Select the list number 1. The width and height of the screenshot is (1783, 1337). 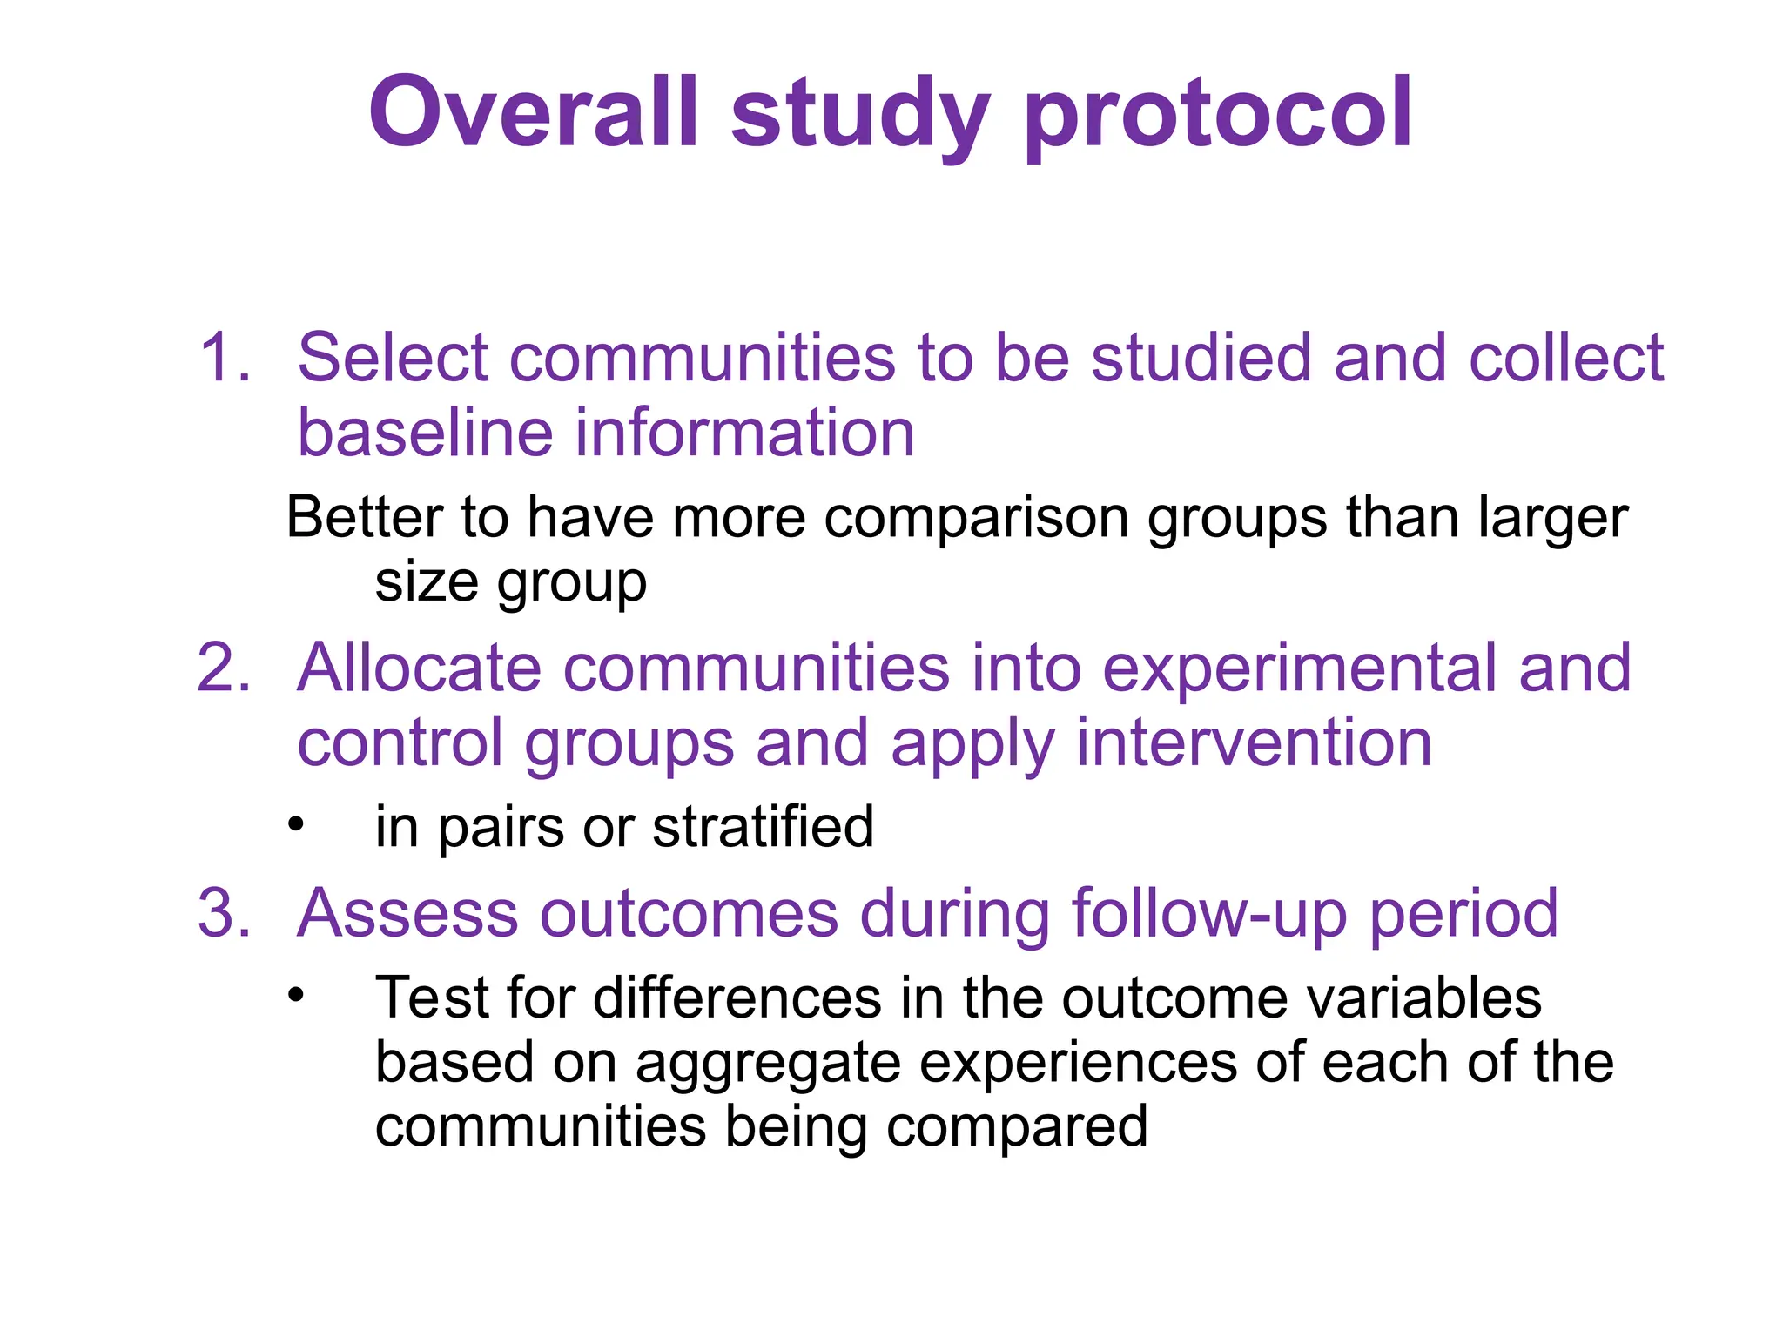(x=224, y=358)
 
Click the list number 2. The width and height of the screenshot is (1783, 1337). (x=224, y=668)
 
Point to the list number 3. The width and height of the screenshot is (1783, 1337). (x=224, y=913)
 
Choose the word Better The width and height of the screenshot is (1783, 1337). (x=365, y=517)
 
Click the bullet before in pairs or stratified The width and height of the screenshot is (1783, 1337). (x=297, y=823)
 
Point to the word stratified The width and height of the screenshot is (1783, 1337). (x=763, y=826)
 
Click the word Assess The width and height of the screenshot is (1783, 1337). (x=407, y=913)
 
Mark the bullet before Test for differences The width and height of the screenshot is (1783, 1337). (x=297, y=994)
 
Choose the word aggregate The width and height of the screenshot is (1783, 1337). (x=767, y=1065)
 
